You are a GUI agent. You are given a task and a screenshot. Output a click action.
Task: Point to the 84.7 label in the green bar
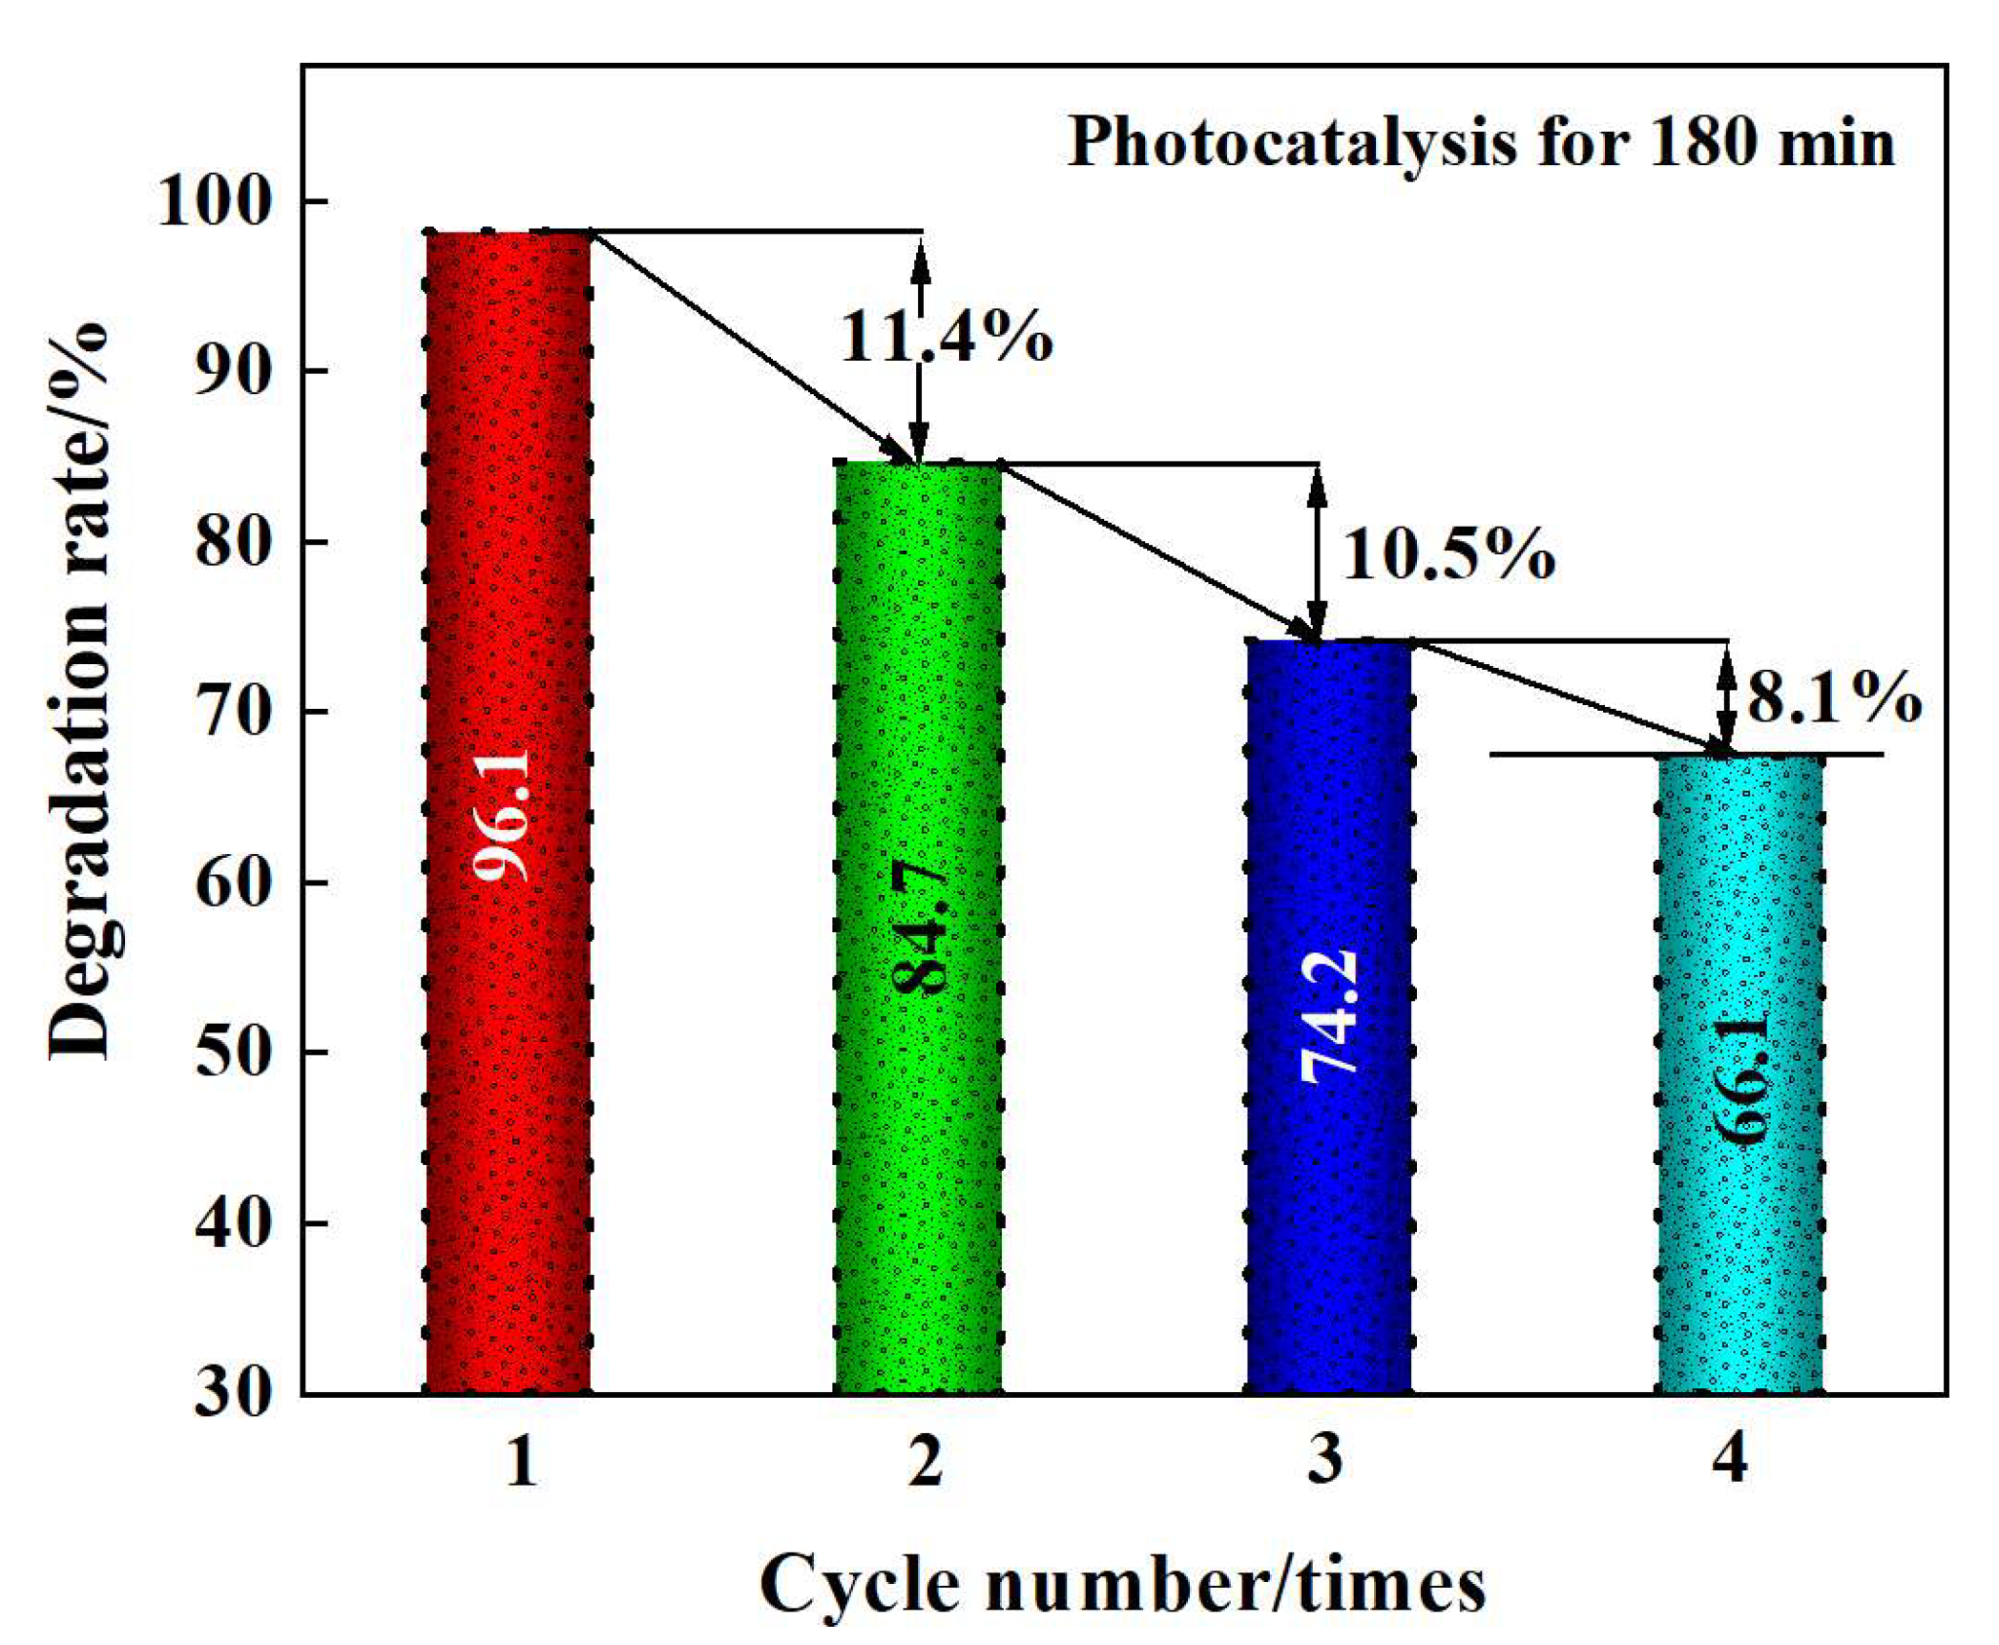point(919,926)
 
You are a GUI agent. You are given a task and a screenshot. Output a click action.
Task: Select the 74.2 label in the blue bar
point(1329,1017)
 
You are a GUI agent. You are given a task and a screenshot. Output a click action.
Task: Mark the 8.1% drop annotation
point(1833,698)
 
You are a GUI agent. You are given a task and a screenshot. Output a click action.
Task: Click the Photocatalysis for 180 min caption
point(1480,143)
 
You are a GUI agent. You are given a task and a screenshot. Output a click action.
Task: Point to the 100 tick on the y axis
point(215,202)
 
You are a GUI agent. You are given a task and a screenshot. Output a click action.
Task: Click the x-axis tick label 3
point(1325,1460)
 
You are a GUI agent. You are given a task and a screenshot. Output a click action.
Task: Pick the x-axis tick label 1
point(520,1460)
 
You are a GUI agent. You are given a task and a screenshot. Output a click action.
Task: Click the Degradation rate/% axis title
point(81,692)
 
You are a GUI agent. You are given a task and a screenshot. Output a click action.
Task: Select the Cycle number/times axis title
point(1122,1584)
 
